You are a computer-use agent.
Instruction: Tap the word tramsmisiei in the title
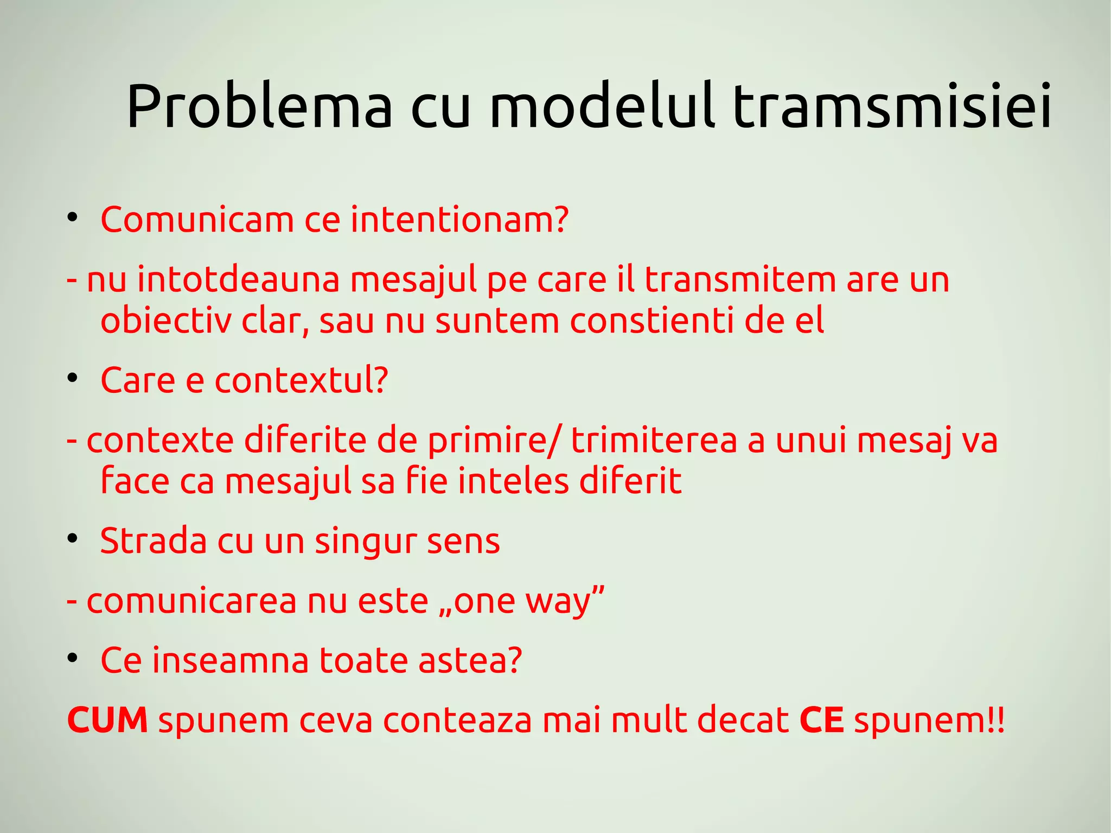[x=892, y=106]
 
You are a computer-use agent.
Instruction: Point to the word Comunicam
[x=197, y=220]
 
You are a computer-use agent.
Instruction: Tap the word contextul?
[x=302, y=380]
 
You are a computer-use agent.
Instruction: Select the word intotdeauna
[x=238, y=279]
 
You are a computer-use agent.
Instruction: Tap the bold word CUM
[x=107, y=720]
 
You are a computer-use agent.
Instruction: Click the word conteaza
[x=457, y=720]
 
